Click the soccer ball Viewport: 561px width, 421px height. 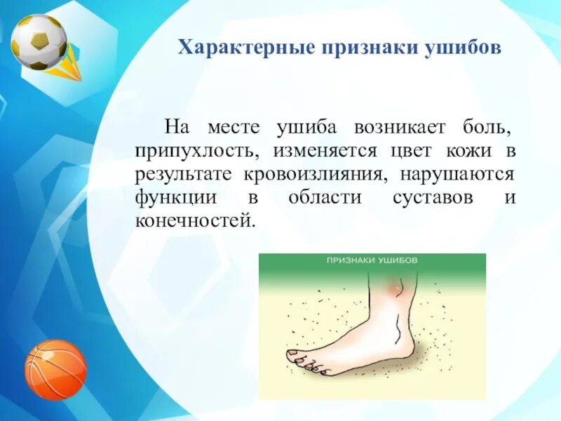(x=39, y=42)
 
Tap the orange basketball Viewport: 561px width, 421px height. (x=56, y=370)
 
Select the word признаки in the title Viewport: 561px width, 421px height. (x=370, y=48)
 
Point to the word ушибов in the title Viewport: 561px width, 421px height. (x=463, y=48)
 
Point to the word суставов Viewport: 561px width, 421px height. (x=433, y=198)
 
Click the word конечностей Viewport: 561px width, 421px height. (x=196, y=221)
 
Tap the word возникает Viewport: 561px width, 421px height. (x=400, y=128)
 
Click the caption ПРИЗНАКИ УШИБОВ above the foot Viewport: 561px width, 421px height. (x=372, y=260)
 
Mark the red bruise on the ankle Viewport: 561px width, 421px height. (x=395, y=288)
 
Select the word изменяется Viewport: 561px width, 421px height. (x=325, y=152)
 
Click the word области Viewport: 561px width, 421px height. (x=325, y=198)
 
